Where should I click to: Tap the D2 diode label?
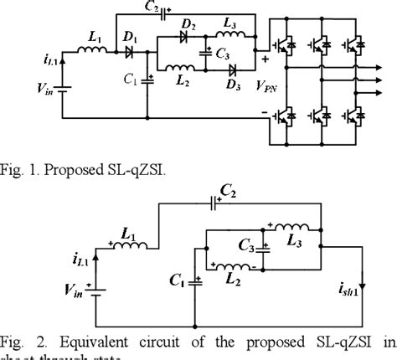click(x=190, y=30)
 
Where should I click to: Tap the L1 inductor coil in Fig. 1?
click(x=93, y=53)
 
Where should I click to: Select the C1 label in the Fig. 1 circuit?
click(x=131, y=82)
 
